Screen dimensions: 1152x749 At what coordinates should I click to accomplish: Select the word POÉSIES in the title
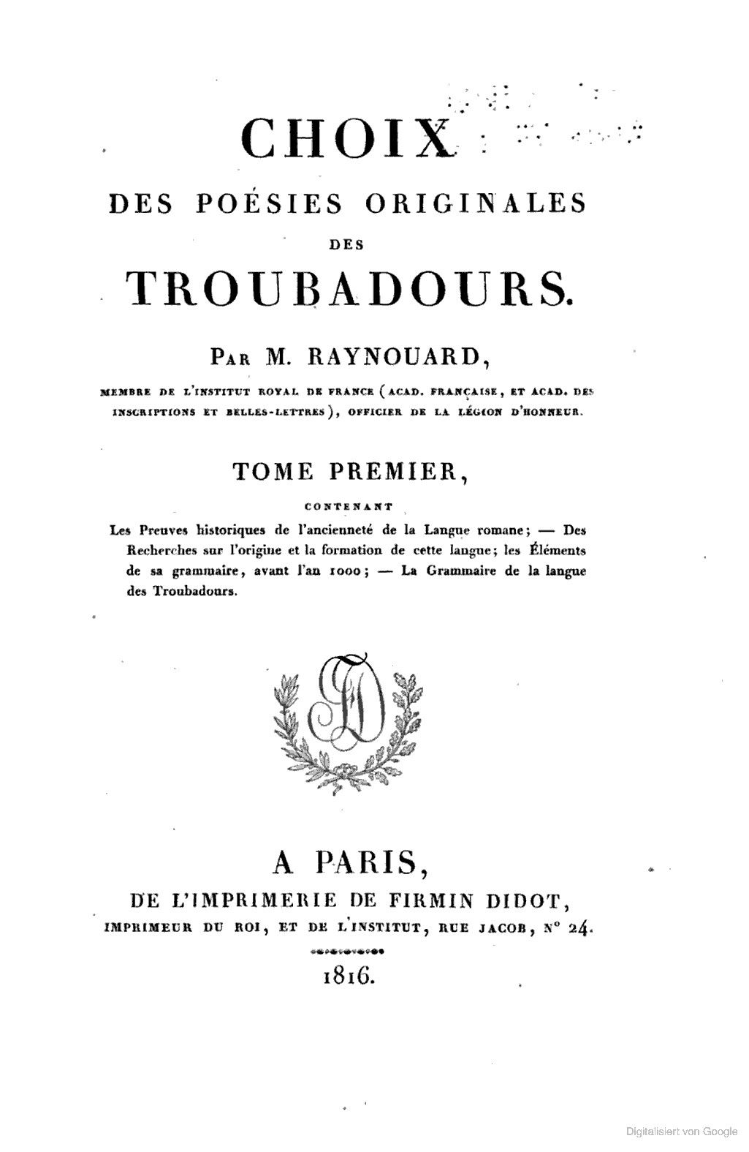pyautogui.click(x=270, y=203)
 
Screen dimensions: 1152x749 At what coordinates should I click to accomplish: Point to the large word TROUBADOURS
pyautogui.click(x=347, y=287)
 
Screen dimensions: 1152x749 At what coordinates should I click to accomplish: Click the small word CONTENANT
pyautogui.click(x=348, y=505)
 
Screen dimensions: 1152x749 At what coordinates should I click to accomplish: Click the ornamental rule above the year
pyautogui.click(x=348, y=952)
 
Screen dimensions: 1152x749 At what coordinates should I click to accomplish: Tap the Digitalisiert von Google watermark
pyautogui.click(x=682, y=1131)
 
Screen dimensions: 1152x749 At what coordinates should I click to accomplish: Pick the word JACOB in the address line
pyautogui.click(x=498, y=928)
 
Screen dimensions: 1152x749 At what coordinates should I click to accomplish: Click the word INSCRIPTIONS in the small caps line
pyautogui.click(x=153, y=412)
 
